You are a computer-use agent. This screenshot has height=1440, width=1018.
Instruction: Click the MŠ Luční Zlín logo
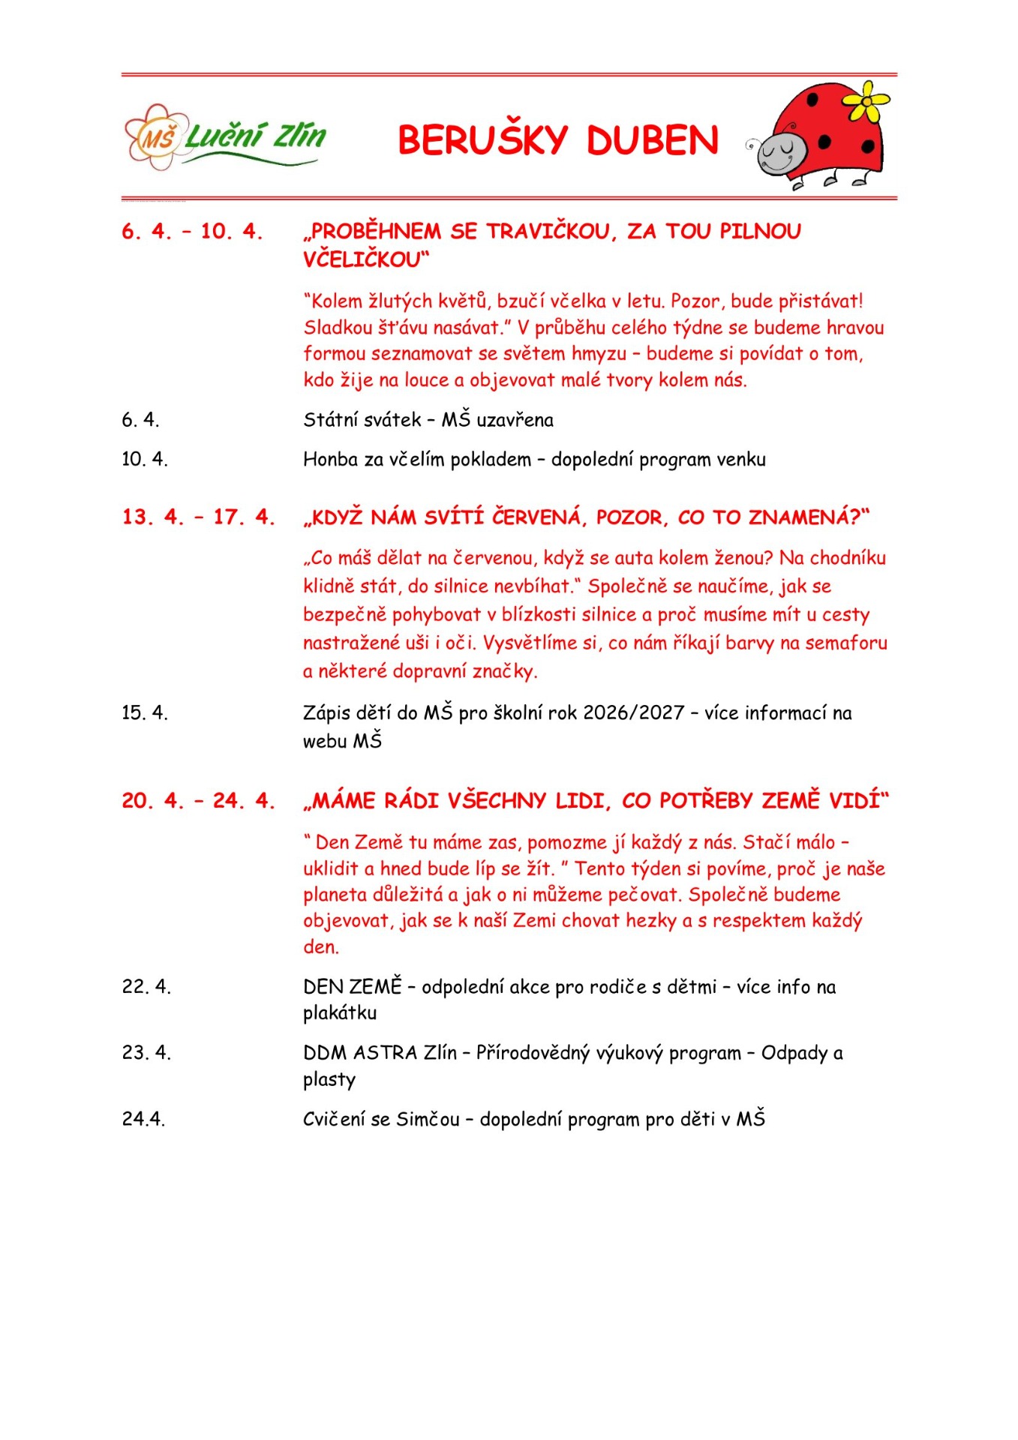[225, 137]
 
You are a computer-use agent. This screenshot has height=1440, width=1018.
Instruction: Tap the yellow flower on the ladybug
[867, 100]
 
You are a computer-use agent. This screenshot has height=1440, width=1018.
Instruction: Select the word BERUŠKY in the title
[483, 140]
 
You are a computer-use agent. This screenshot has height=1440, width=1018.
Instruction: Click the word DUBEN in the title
[653, 140]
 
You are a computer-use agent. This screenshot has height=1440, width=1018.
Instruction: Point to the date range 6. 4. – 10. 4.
[192, 231]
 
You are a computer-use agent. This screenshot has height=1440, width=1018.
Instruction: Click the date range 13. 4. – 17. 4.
[198, 517]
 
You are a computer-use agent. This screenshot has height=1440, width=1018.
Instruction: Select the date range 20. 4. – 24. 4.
[198, 800]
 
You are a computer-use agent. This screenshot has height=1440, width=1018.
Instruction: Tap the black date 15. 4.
[145, 712]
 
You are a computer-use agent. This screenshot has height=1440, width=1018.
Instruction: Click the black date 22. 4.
[146, 986]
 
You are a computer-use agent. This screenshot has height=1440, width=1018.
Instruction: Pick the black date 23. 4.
[146, 1052]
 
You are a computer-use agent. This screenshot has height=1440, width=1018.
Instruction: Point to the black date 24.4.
[143, 1119]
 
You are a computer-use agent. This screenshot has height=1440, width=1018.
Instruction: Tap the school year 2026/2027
[634, 712]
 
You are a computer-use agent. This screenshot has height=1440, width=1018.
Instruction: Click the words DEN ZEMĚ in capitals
[353, 986]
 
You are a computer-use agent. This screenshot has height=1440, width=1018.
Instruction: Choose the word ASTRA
[385, 1052]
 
